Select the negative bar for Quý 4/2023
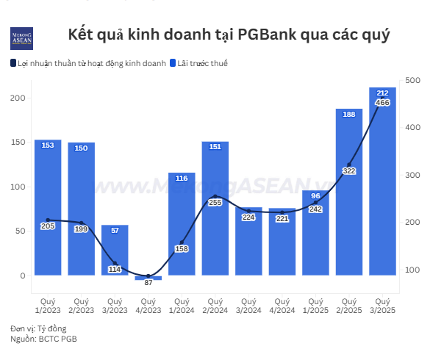click(x=148, y=278)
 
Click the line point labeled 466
click(x=382, y=103)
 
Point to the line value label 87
click(x=148, y=283)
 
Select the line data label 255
click(x=215, y=202)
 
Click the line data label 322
click(x=349, y=170)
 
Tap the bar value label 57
click(x=115, y=231)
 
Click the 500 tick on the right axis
click(x=412, y=80)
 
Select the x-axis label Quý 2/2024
click(x=215, y=306)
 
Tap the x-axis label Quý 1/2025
click(x=315, y=306)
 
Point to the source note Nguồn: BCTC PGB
click(x=44, y=339)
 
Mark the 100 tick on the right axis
click(x=412, y=270)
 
